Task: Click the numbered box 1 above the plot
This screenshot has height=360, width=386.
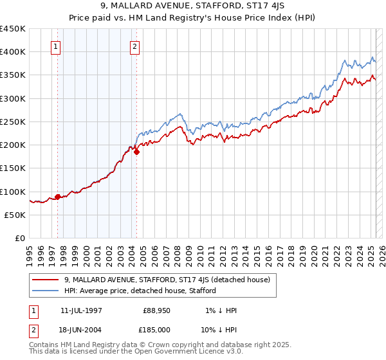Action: click(x=56, y=46)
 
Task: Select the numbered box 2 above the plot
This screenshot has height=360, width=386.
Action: click(x=135, y=46)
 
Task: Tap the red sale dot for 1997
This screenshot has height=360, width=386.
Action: click(x=58, y=197)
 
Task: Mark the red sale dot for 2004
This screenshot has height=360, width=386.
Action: click(x=136, y=152)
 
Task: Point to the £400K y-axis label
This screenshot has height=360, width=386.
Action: click(x=13, y=52)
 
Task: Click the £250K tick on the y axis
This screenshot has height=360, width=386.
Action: click(x=13, y=122)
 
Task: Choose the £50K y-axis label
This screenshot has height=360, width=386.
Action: click(x=15, y=215)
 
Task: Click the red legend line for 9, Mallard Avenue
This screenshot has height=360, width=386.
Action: click(x=47, y=279)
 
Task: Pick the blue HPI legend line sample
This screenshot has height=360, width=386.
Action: click(x=47, y=290)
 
